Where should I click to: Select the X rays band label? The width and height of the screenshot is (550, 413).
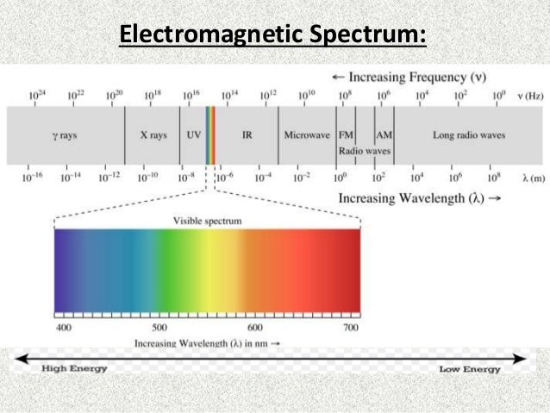pos(153,135)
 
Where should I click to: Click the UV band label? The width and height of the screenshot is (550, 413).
pos(194,135)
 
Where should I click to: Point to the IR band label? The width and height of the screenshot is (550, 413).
pos(247,135)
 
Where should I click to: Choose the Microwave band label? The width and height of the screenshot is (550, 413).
pos(305,135)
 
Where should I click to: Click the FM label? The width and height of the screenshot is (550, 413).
pos(346,135)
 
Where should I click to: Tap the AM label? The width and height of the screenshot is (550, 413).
pos(384,135)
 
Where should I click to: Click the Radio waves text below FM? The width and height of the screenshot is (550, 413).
pos(364,151)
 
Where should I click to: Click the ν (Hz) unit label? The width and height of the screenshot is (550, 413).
pos(528,95)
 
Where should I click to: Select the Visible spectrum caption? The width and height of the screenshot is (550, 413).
pos(207,221)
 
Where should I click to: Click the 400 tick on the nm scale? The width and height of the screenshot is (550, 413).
pos(63,329)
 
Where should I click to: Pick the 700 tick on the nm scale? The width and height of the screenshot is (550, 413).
pos(350,329)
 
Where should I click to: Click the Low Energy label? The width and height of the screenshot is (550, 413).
pos(471,369)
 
